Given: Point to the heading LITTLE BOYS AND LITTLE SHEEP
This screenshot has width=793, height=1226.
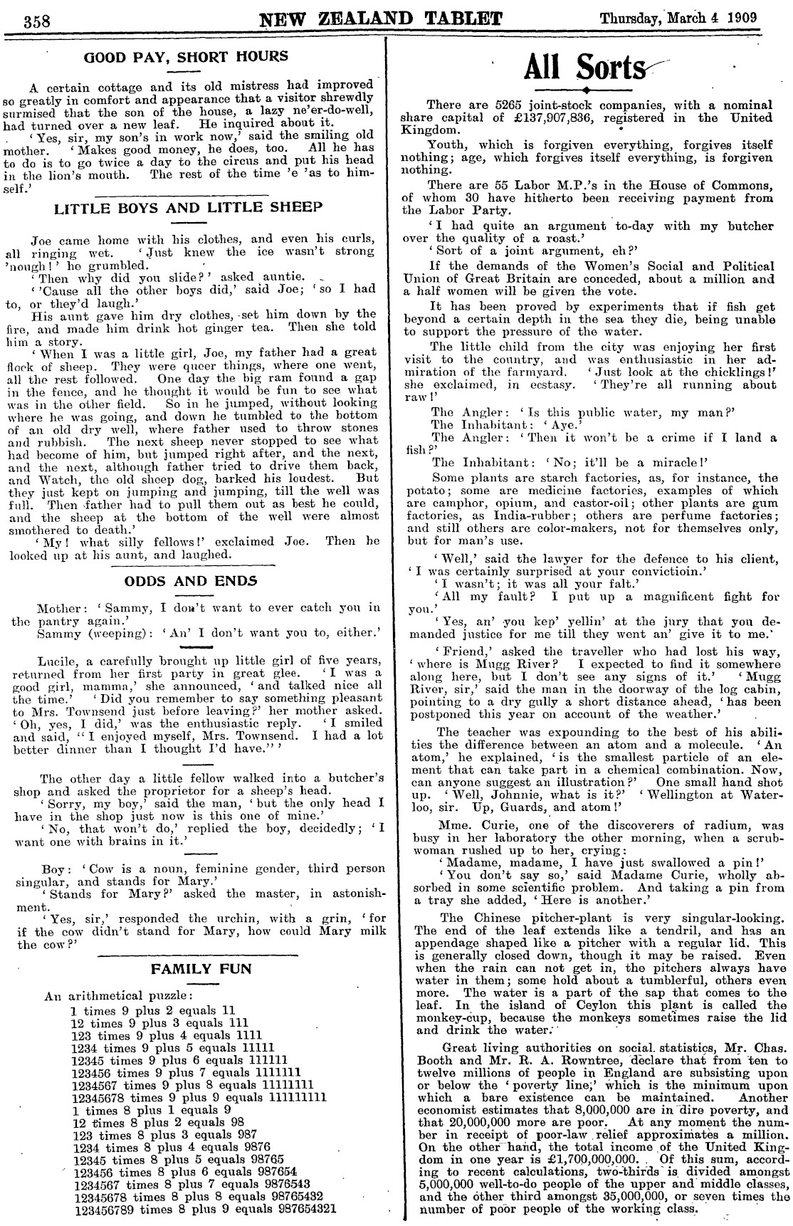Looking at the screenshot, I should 188,207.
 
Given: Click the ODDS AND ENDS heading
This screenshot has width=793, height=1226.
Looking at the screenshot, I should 191,580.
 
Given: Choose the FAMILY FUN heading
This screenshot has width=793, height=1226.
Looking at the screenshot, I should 201,968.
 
